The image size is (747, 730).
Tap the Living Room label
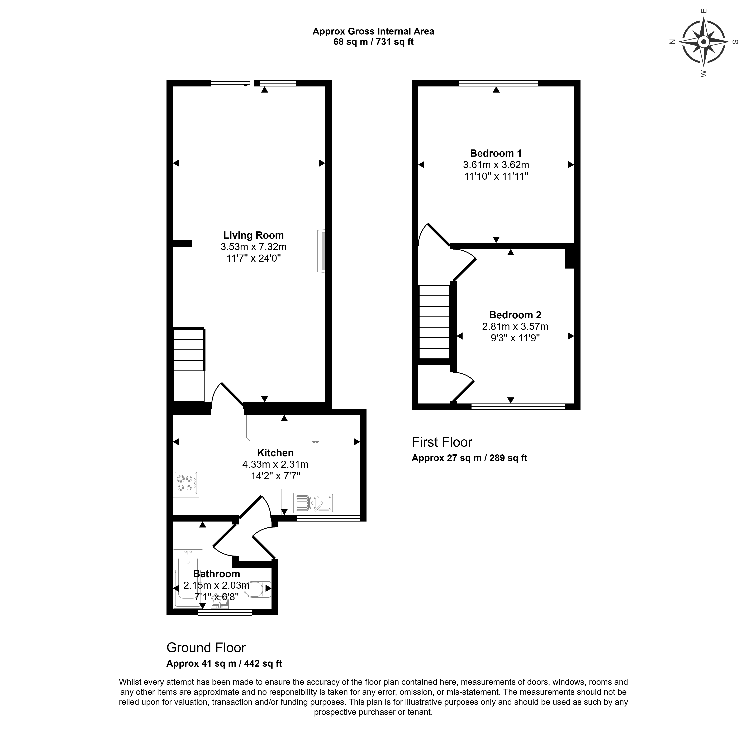(x=254, y=235)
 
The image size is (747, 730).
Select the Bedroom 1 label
(x=496, y=153)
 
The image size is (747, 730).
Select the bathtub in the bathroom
(x=188, y=578)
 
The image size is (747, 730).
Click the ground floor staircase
(x=189, y=349)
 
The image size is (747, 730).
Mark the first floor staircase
(x=434, y=322)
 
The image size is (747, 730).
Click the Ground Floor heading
(x=206, y=648)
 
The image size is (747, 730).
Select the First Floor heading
(x=442, y=442)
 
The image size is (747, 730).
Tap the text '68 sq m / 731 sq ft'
(x=373, y=42)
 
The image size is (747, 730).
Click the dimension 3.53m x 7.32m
(x=254, y=247)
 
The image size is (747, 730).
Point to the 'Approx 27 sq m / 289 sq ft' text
(x=469, y=458)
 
